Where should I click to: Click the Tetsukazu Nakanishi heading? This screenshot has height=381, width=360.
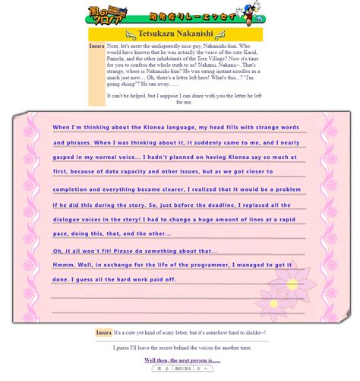(181, 34)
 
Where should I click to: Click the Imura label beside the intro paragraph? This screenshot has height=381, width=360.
(96, 46)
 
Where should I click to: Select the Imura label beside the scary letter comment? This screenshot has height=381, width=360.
(103, 332)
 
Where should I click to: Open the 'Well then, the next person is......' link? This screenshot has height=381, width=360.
(182, 360)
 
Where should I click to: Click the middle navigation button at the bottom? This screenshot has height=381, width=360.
(182, 368)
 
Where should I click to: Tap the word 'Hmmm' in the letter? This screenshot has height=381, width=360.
(64, 265)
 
